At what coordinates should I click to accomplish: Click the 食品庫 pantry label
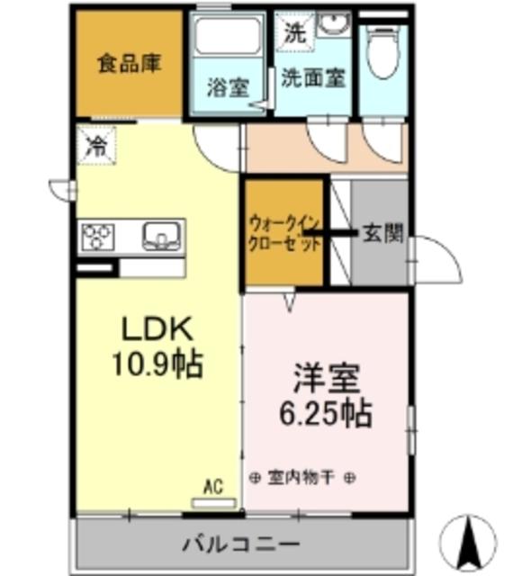click(x=130, y=66)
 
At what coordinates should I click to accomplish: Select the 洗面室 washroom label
click(x=312, y=78)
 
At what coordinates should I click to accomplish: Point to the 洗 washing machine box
click(x=294, y=34)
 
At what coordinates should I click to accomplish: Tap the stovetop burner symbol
click(x=98, y=237)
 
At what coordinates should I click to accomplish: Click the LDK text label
click(x=155, y=329)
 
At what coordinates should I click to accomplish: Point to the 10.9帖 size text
click(x=156, y=364)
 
